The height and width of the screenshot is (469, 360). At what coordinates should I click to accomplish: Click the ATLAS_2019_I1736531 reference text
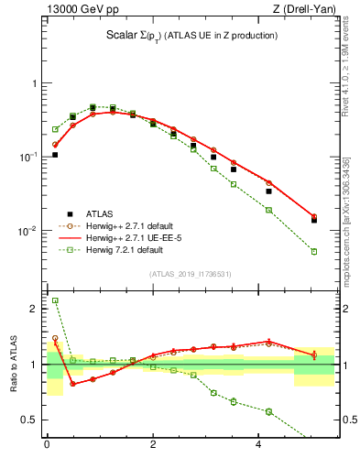click(190, 273)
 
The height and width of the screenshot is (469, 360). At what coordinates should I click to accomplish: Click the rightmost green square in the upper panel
click(314, 251)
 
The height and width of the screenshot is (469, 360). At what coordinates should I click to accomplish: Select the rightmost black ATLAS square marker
click(314, 220)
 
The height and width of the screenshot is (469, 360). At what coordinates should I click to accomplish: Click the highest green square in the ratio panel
click(55, 300)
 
